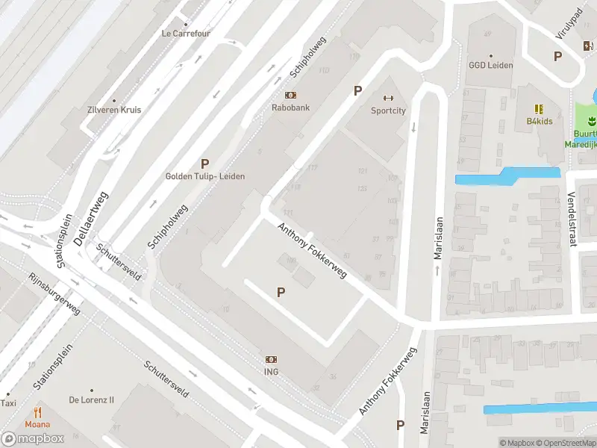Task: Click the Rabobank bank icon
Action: tap(290, 95)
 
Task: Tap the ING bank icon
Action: tap(271, 359)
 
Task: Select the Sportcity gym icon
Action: tap(388, 98)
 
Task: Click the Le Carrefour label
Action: tap(186, 34)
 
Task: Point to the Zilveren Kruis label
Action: tap(115, 110)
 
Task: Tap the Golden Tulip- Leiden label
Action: tap(204, 176)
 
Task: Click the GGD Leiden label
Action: tap(490, 65)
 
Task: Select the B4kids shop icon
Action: tap(539, 109)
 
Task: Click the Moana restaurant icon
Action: tap(37, 412)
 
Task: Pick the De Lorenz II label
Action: tap(92, 399)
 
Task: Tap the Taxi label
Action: tap(8, 403)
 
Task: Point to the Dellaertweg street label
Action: tap(92, 218)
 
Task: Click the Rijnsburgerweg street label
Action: tap(54, 293)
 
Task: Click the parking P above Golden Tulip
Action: tap(204, 164)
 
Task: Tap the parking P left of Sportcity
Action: tap(357, 90)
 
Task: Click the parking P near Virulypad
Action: tap(557, 56)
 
